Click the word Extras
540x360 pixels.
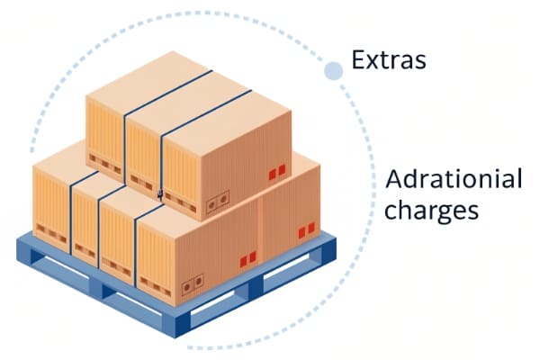[389, 59]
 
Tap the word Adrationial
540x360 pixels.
[454, 179]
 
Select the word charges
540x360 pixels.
[431, 210]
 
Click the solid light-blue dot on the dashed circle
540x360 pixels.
[333, 71]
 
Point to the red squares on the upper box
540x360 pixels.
[277, 172]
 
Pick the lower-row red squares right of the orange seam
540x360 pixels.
[306, 230]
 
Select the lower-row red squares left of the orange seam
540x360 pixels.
[247, 259]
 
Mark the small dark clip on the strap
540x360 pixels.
[160, 195]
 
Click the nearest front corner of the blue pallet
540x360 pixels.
[175, 337]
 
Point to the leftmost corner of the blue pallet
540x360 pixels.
[16, 248]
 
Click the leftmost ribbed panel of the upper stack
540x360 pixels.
[104, 135]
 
